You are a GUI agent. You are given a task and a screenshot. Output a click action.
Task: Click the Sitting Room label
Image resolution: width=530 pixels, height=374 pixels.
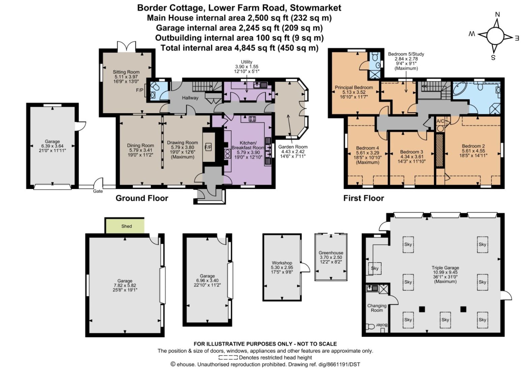point(126,72)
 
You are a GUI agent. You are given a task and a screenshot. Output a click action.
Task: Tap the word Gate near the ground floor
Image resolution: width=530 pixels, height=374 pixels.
point(98,191)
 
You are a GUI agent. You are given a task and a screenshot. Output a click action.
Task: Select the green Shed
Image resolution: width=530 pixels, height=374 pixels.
point(125,226)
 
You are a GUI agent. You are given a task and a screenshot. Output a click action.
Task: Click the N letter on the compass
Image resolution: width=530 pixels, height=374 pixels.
point(497,15)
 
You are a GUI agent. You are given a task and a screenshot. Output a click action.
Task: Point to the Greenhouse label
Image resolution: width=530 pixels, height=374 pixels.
point(331,253)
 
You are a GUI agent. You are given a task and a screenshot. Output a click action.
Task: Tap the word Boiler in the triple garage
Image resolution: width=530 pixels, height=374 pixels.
point(382,325)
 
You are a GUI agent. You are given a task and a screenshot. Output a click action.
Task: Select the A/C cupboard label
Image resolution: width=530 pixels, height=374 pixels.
point(440,121)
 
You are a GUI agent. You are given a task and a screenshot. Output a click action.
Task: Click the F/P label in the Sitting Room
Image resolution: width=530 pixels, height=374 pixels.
point(140,90)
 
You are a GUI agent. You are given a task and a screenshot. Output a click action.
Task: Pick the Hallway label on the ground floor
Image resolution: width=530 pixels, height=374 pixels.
point(190,98)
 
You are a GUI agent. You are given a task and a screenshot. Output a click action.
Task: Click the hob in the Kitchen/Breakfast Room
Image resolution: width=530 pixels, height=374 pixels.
point(252,119)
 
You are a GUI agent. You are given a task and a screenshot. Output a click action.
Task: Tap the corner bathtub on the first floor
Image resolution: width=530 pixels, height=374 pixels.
point(460,89)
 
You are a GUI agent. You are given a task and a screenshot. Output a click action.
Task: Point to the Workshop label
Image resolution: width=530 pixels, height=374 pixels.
point(282,263)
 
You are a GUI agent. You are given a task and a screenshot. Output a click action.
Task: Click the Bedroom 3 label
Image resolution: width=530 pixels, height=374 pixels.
point(411,152)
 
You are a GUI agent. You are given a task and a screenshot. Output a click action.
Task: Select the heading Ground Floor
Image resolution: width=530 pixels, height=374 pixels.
point(142,198)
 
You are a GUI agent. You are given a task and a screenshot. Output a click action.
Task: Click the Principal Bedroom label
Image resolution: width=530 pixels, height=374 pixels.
point(354,88)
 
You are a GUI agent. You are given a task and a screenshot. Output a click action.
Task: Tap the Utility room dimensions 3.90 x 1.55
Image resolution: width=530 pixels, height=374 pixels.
point(246,67)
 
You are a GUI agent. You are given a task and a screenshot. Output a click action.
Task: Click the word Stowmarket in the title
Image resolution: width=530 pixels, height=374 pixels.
point(315,8)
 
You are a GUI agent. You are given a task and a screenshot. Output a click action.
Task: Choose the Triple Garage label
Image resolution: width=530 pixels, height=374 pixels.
point(445,268)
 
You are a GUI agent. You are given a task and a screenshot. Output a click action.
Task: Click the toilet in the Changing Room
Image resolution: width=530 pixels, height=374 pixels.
point(370,326)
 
